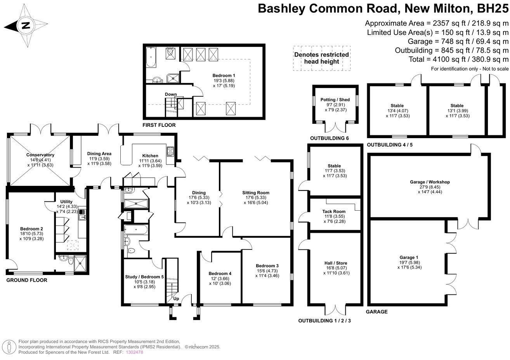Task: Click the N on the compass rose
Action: click(26, 25)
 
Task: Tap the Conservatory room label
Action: click(40, 155)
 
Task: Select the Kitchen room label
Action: click(150, 156)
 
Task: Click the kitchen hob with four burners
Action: click(170, 152)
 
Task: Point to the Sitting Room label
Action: click(256, 193)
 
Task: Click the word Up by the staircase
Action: click(176, 299)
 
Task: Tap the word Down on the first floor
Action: click(171, 94)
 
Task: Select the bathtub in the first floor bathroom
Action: click(151, 57)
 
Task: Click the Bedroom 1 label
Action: click(224, 76)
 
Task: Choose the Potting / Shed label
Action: click(335, 100)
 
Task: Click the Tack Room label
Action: click(334, 211)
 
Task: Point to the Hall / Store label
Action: click(336, 263)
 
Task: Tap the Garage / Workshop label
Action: click(430, 182)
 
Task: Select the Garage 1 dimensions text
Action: click(409, 265)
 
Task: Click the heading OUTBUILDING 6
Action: click(329, 138)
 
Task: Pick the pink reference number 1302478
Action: click(134, 352)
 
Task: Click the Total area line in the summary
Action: click(458, 59)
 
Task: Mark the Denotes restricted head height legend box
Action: click(322, 58)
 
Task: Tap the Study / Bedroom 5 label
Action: click(144, 277)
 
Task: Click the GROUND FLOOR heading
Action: click(27, 280)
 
